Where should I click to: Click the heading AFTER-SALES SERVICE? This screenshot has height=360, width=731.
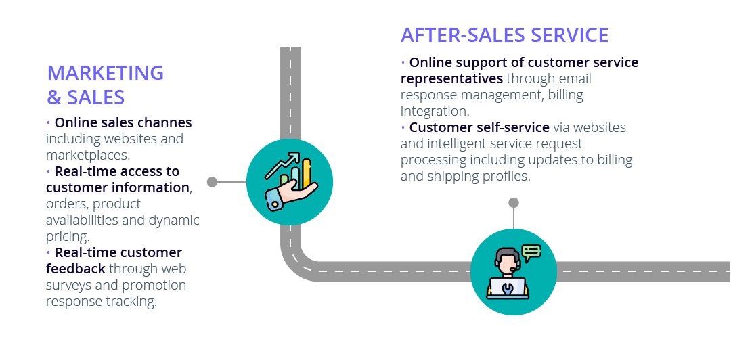pos(504,35)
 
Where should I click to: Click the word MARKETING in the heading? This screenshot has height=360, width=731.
pos(106,72)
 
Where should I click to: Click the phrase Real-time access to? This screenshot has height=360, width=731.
pos(117,171)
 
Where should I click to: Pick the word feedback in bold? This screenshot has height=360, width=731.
pos(76,269)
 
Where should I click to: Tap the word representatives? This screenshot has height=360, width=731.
pos(451,78)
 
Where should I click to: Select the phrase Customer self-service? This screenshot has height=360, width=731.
pos(479,127)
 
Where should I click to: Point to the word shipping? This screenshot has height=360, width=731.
pos(450,176)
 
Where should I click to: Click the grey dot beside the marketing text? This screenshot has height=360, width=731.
pos(212,182)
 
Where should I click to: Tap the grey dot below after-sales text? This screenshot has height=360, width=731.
pos(514,202)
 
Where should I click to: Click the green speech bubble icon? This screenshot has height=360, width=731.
pos(532,252)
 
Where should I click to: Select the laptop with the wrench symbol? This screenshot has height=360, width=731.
pos(507,288)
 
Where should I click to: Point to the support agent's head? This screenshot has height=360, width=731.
pos(506,259)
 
